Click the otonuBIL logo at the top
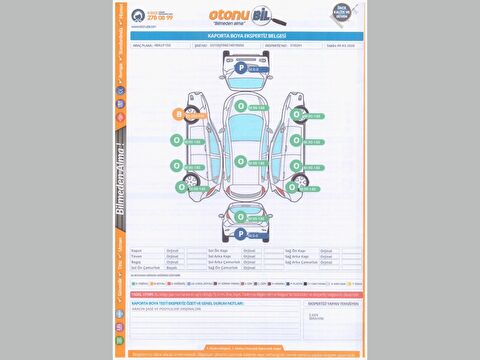tap(239, 15)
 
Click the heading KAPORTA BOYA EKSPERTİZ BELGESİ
tap(239, 35)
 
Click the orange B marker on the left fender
tap(179, 115)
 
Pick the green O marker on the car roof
tap(240, 160)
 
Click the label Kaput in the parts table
tap(137, 250)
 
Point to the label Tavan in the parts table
tap(137, 256)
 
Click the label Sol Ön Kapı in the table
tap(219, 250)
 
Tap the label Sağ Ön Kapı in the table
tap(298, 250)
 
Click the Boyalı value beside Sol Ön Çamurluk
tap(171, 268)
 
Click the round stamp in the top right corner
tap(345, 15)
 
